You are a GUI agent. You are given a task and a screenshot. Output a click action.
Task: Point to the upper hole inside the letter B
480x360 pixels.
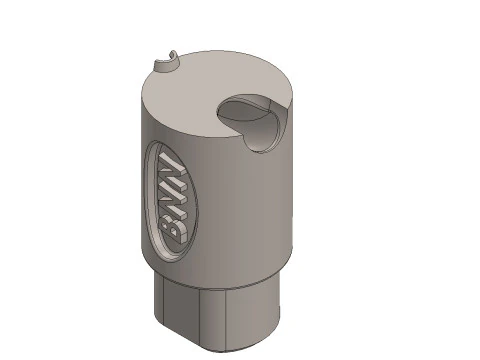pos(166,225)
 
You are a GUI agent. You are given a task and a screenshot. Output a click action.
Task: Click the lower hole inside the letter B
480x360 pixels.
pos(174,231)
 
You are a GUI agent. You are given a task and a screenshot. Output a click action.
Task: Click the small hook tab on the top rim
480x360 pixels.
pos(166,63)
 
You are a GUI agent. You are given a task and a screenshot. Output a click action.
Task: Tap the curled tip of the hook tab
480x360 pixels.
pos(173,54)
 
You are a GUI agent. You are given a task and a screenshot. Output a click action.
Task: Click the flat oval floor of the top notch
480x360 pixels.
pos(244,110)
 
